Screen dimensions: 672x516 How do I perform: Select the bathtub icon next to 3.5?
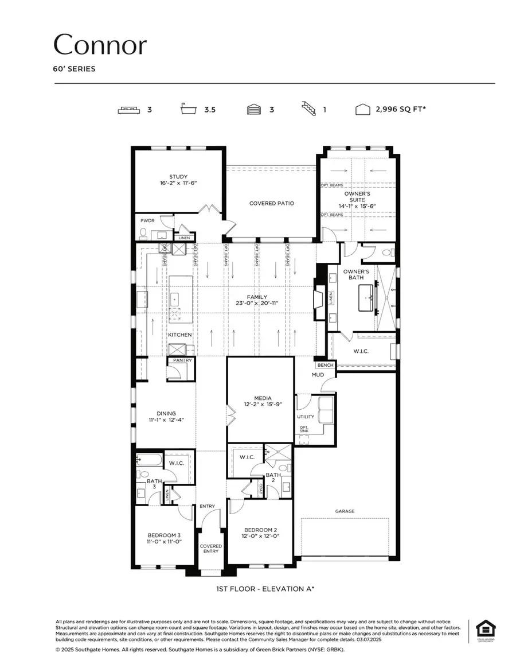point(189,109)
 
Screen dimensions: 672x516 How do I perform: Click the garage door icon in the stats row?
point(253,109)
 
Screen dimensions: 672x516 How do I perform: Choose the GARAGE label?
point(345,511)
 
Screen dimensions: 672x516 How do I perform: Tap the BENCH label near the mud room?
point(325,365)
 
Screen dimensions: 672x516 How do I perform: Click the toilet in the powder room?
point(144,233)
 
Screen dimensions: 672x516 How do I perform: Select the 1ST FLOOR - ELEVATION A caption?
point(257,589)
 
